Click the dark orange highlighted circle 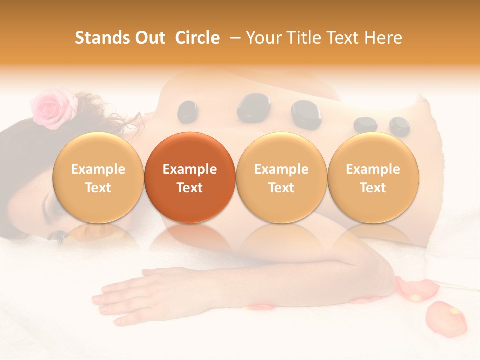190,177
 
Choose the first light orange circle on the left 98,177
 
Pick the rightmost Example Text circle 373,177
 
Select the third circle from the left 281,177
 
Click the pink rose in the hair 52,106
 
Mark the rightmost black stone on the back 399,126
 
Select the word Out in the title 148,38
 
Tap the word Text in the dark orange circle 190,188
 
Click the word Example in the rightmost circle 373,169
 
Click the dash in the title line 233,38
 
